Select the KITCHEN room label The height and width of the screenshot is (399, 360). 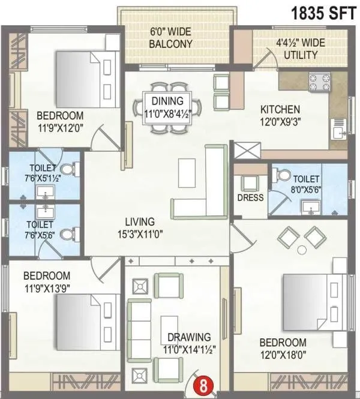(x=280, y=110)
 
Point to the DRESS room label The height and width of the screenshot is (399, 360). (x=250, y=197)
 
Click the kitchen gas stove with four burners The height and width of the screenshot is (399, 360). (x=319, y=81)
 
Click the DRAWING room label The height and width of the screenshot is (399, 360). (x=190, y=337)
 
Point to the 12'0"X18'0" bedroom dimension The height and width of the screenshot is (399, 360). (x=283, y=353)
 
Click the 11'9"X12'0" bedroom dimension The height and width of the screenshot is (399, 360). (x=60, y=127)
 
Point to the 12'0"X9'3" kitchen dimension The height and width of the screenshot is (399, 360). (x=280, y=121)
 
